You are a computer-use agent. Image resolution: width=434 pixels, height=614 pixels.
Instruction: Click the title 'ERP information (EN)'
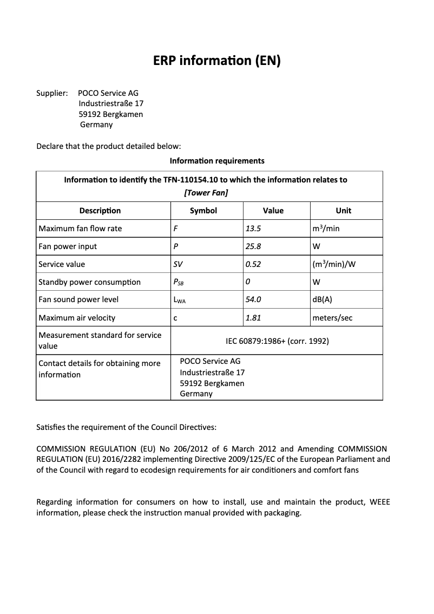[217, 61]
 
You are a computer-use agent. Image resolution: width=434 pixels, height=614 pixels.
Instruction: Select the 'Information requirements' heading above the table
[217, 161]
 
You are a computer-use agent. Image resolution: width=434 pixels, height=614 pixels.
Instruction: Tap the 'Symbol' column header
[203, 211]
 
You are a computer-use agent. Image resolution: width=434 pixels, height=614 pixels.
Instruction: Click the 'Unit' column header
[343, 211]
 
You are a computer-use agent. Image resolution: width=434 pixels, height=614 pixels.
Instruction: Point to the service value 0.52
[253, 264]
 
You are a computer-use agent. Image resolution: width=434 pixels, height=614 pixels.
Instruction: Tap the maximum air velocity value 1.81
[253, 318]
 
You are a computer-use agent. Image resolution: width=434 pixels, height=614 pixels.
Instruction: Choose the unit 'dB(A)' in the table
[323, 299]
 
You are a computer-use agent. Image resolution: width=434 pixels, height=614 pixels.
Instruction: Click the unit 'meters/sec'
[332, 318]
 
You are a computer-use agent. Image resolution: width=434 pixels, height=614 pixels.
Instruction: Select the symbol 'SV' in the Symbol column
[178, 264]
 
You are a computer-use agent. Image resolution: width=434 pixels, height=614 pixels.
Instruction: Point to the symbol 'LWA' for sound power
[179, 300]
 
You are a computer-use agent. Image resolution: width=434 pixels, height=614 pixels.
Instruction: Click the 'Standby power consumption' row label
[89, 282]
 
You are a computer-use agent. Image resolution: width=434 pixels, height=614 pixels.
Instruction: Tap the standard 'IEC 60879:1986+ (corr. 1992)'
[277, 341]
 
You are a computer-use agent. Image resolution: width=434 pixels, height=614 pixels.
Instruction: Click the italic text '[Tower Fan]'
[206, 193]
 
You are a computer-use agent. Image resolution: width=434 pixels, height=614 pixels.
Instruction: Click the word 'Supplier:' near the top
[52, 93]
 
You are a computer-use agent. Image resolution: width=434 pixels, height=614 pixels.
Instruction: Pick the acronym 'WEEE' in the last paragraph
[379, 502]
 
